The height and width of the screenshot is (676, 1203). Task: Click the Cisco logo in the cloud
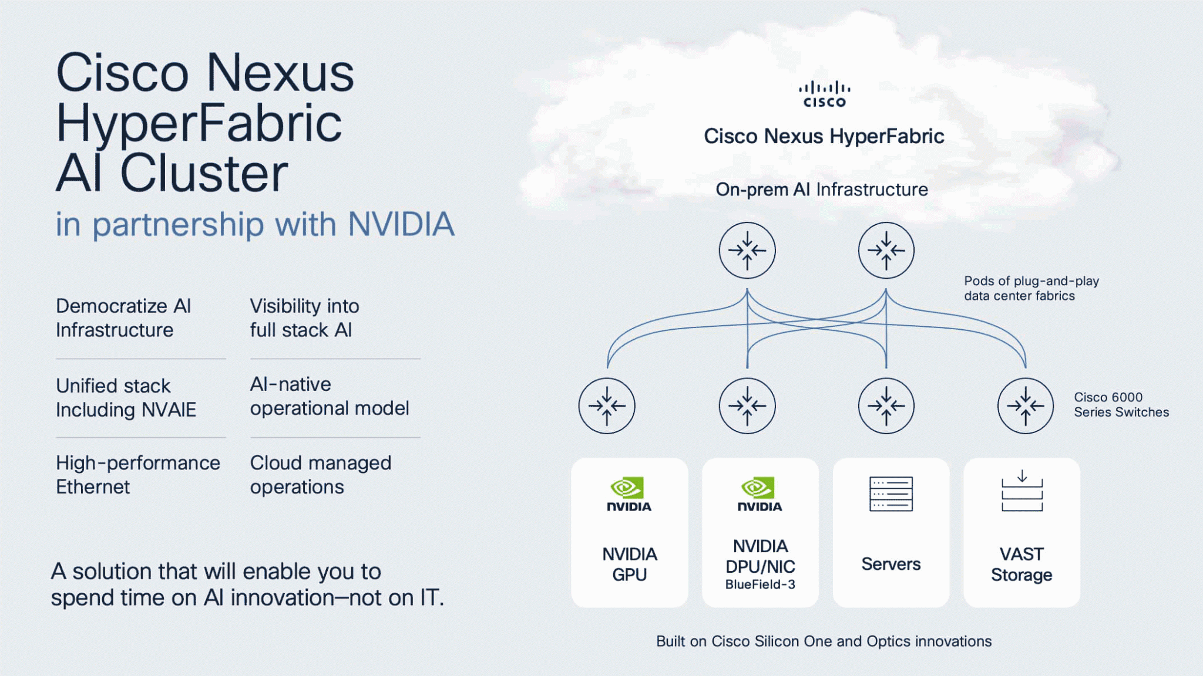click(824, 94)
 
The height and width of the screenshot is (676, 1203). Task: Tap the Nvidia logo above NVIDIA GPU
click(629, 494)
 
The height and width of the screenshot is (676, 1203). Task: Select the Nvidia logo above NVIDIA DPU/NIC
click(760, 494)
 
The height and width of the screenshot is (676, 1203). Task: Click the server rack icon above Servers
click(891, 494)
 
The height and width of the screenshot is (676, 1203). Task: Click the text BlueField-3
click(760, 584)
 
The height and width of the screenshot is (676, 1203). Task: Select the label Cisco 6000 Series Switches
click(1121, 405)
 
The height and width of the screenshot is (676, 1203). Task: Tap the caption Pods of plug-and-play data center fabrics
click(1031, 288)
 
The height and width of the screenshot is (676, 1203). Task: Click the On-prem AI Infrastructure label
click(822, 190)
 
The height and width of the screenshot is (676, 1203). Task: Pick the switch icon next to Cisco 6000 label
click(1026, 405)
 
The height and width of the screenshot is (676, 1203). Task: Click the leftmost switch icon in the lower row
click(607, 405)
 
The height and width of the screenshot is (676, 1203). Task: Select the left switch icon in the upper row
click(747, 251)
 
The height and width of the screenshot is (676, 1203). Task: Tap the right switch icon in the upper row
click(886, 251)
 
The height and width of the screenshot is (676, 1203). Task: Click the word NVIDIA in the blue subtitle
click(401, 224)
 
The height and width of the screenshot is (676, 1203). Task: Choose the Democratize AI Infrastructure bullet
click(123, 318)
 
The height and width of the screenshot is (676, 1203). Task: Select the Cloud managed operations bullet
click(321, 475)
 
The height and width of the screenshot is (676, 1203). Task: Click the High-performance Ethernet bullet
click(138, 475)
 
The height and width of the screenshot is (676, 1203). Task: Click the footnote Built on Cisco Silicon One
click(824, 641)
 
